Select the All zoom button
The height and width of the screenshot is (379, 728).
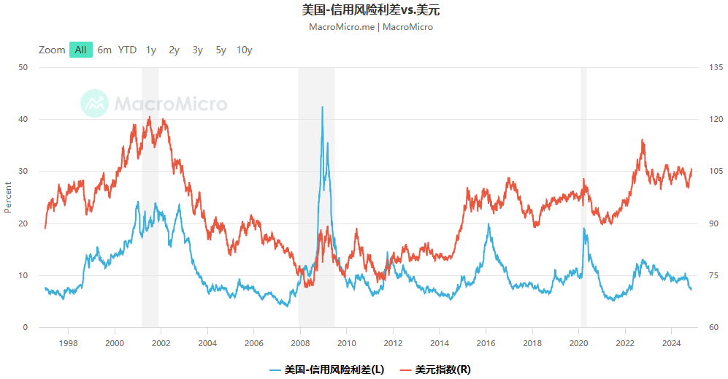pyautogui.click(x=80, y=50)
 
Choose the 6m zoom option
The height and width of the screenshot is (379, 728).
pyautogui.click(x=104, y=50)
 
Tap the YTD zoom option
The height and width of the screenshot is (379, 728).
pyautogui.click(x=127, y=50)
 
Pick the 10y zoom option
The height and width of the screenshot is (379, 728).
pyautogui.click(x=244, y=50)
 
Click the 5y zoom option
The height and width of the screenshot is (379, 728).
pyautogui.click(x=221, y=50)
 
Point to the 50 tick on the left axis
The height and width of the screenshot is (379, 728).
pyautogui.click(x=23, y=67)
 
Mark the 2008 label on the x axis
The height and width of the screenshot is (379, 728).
pyautogui.click(x=300, y=342)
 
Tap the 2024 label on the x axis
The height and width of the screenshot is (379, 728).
pyautogui.click(x=672, y=342)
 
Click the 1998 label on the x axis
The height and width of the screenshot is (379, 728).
pyautogui.click(x=68, y=342)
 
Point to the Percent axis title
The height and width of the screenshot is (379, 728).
pyautogui.click(x=8, y=197)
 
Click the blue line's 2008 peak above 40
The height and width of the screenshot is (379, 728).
pyautogui.click(x=322, y=107)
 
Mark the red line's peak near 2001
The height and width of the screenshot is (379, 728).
pyautogui.click(x=149, y=117)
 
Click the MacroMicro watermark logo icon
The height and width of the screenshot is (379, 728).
pyautogui.click(x=94, y=103)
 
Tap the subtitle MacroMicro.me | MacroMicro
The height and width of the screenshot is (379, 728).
pyautogui.click(x=371, y=27)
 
